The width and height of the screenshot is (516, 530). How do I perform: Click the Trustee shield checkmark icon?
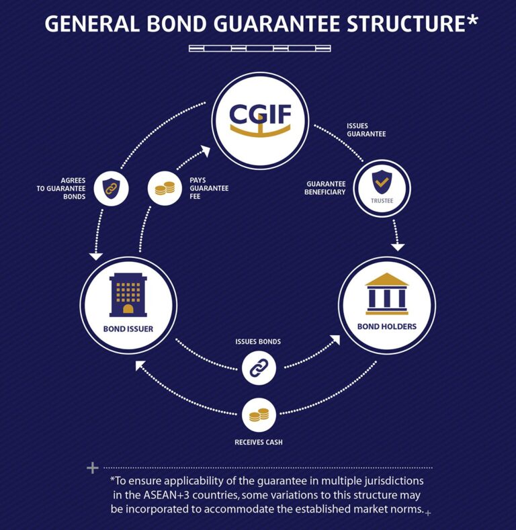[x=381, y=181]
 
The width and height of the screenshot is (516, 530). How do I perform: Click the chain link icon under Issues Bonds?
[x=259, y=367]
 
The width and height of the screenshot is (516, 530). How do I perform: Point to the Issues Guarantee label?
[x=366, y=130]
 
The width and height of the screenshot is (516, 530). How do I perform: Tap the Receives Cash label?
[x=259, y=443]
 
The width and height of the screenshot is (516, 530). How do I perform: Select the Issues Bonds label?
[x=258, y=341]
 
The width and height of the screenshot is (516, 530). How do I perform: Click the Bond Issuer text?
[x=128, y=329]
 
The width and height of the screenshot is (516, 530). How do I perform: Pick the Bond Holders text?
[x=387, y=327]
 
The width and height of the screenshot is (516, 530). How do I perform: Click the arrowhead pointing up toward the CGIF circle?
[x=205, y=152]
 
